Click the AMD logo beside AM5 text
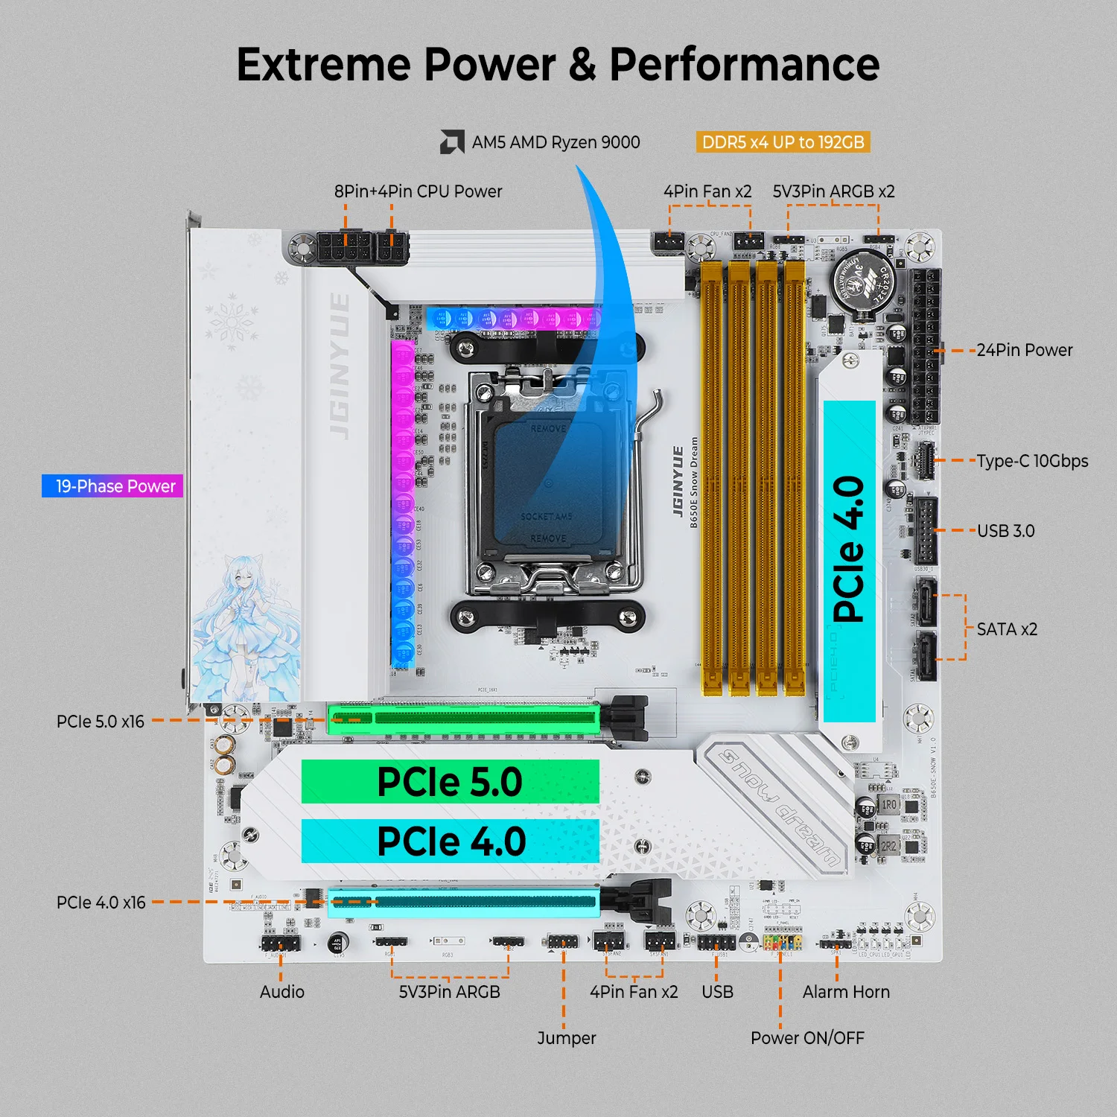pyautogui.click(x=452, y=142)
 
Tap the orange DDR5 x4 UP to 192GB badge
pyautogui.click(x=783, y=142)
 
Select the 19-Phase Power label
pyautogui.click(x=112, y=486)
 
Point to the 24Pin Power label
pyautogui.click(x=1024, y=350)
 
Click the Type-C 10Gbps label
pyautogui.click(x=1032, y=461)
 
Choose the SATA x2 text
pyautogui.click(x=1007, y=629)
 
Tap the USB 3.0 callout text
pyautogui.click(x=1005, y=531)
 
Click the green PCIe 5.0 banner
pyautogui.click(x=450, y=782)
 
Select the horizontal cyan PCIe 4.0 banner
pyautogui.click(x=450, y=841)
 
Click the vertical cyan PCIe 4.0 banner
pyautogui.click(x=849, y=561)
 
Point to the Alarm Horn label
pyautogui.click(x=846, y=992)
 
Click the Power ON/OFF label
pyautogui.click(x=807, y=1038)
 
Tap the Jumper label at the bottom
pyautogui.click(x=567, y=1038)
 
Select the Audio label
pyautogui.click(x=282, y=992)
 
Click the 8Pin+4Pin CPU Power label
pyautogui.click(x=418, y=191)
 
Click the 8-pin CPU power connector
pyautogui.click(x=344, y=246)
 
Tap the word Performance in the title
pyautogui.click(x=744, y=65)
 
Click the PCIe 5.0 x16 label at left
pyautogui.click(x=101, y=722)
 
